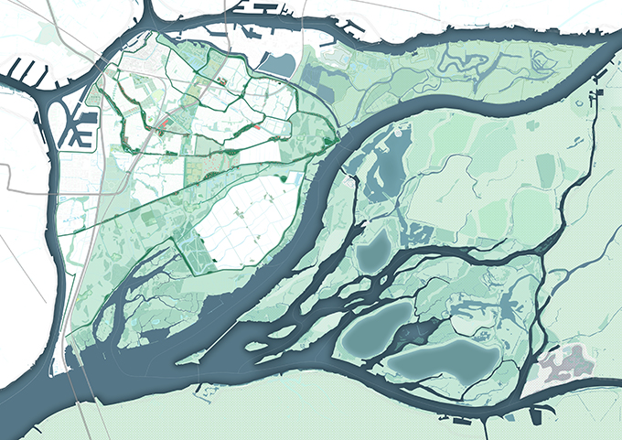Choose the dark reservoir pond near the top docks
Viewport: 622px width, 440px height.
pos(278,63)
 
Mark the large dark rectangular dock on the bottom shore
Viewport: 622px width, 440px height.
pos(457,424)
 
